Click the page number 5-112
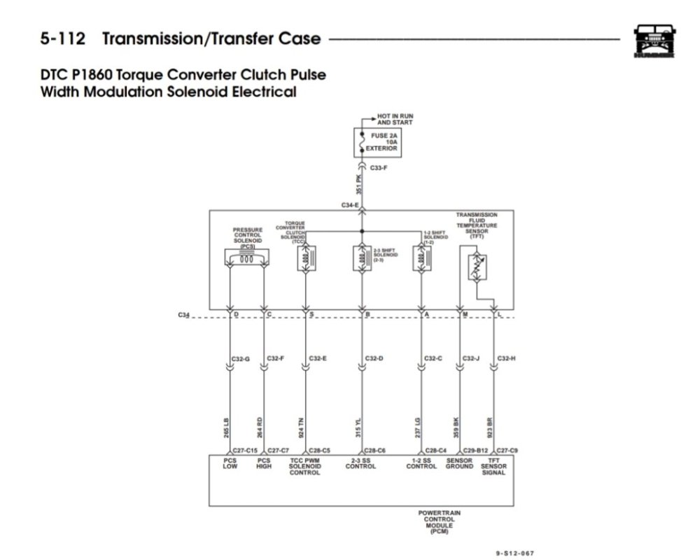62,38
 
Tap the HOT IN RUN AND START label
395,119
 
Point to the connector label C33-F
379,168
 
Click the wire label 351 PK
358,183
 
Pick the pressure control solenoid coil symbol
246,258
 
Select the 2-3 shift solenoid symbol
361,258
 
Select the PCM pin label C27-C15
245,450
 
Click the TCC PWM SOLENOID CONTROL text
304,466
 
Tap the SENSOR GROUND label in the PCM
459,463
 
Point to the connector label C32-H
506,358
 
